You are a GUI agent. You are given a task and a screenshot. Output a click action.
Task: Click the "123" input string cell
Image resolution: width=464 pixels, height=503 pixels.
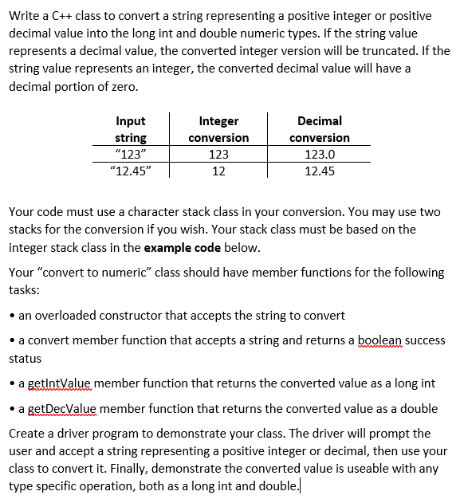click(x=131, y=154)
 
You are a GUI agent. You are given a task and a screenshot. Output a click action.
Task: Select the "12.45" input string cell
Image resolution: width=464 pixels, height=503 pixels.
click(x=131, y=171)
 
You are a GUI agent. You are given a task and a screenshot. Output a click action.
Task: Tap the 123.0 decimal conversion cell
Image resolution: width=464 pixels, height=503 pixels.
click(x=320, y=154)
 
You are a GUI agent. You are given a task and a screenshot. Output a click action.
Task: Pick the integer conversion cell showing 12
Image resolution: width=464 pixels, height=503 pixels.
click(x=218, y=171)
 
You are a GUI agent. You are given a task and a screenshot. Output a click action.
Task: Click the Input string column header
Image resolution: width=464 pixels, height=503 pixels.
click(x=131, y=129)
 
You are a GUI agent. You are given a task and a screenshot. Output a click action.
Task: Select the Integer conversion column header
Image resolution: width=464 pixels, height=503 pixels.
click(x=218, y=129)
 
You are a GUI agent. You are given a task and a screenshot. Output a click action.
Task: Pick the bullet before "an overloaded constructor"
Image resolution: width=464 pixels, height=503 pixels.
click(x=12, y=315)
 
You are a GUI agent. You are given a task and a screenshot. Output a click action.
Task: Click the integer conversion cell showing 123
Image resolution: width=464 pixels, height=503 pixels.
click(x=218, y=154)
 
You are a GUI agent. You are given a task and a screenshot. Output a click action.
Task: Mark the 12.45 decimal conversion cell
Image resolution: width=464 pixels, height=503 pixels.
click(x=320, y=171)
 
